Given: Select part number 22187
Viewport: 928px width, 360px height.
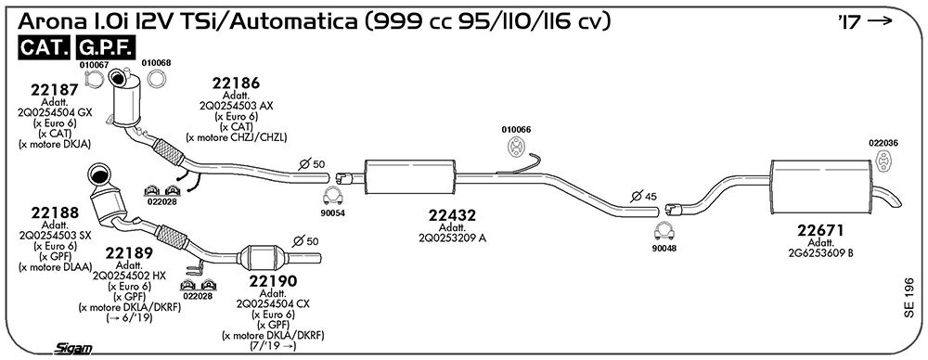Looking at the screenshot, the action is click(x=55, y=90).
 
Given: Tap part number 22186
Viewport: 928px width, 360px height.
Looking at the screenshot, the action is click(x=236, y=83).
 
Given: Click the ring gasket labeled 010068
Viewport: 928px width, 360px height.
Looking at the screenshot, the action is click(x=156, y=79).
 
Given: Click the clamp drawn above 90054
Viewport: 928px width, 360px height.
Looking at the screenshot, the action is click(x=334, y=195).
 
